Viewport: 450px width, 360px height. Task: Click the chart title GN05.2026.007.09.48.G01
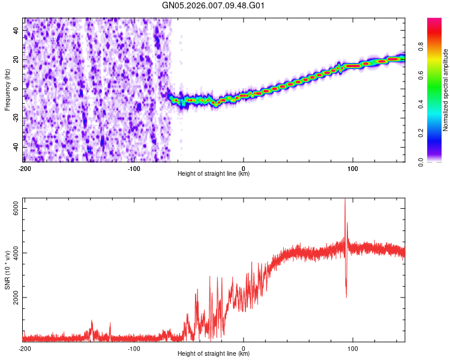[x=214, y=6]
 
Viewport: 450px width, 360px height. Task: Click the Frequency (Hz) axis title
[x=7, y=90]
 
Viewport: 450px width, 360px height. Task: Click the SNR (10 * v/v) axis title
[x=7, y=269]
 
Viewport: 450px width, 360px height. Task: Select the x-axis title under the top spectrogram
[x=214, y=174]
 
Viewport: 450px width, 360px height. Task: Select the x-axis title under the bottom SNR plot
[x=214, y=354]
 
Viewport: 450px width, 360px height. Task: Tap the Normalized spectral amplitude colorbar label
[x=446, y=90]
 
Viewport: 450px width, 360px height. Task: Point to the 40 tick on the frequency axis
[x=16, y=31]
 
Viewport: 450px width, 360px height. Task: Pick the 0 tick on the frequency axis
[x=16, y=89]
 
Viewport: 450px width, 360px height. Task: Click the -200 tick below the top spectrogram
[x=25, y=168]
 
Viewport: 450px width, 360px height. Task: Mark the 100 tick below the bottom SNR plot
[x=353, y=348]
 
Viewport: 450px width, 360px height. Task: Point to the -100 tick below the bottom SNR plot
[x=134, y=348]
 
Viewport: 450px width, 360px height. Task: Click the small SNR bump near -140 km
[x=92, y=322]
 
